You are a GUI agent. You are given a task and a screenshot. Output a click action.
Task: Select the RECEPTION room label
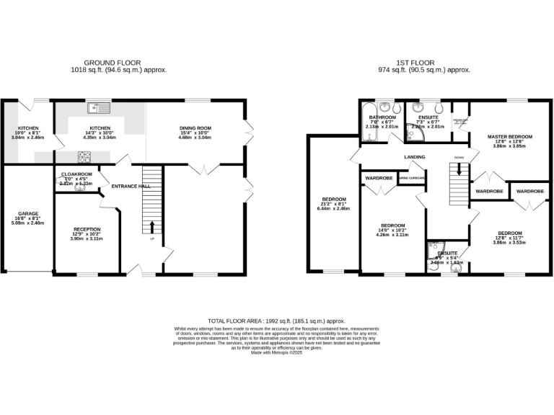(87, 229)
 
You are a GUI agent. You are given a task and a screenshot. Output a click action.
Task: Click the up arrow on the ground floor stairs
(151, 227)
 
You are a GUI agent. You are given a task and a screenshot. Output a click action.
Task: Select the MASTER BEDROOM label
(509, 137)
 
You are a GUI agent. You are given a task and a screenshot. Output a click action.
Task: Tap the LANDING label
(414, 157)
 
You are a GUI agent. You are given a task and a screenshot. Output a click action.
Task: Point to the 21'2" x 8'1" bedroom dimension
(334, 204)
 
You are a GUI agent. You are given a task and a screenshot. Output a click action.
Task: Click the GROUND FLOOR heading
(113, 63)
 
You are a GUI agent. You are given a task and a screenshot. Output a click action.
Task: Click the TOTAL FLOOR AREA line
(276, 321)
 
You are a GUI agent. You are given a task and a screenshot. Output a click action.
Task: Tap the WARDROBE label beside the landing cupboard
(379, 177)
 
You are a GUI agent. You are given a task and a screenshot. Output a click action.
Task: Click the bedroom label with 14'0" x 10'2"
(394, 225)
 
